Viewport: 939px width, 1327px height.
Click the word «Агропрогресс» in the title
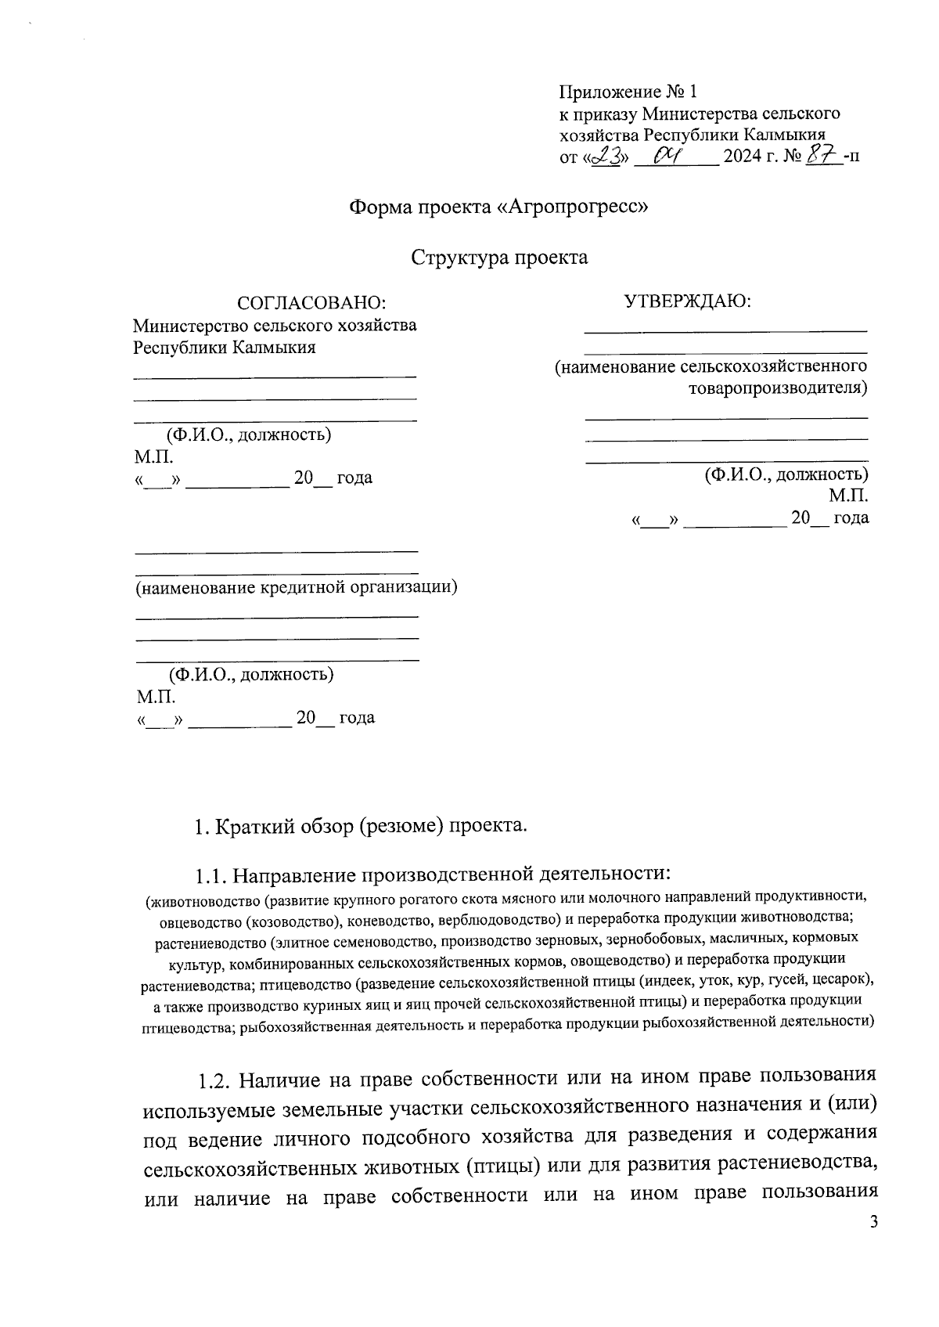tap(574, 207)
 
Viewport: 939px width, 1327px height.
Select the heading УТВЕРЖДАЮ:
tap(687, 301)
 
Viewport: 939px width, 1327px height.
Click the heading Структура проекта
tap(499, 258)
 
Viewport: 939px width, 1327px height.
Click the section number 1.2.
tap(214, 1081)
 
